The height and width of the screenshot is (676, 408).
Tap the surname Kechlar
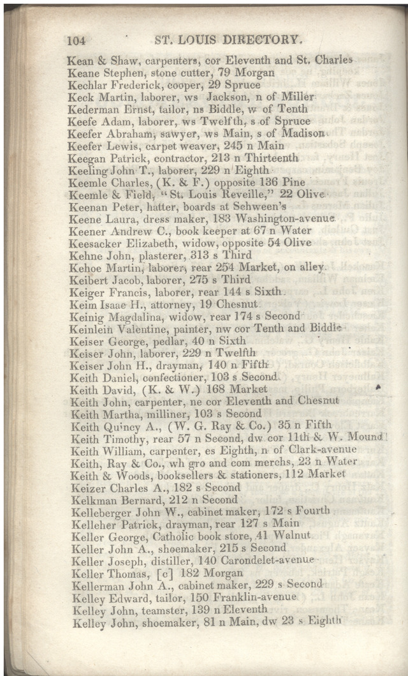point(87,85)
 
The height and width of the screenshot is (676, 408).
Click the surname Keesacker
point(92,243)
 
